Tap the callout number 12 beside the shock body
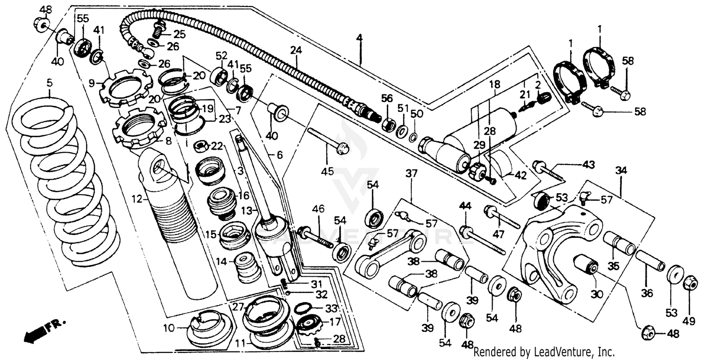(136, 200)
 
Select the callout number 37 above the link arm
(411, 174)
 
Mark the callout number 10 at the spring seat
(168, 327)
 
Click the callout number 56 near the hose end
(386, 98)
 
